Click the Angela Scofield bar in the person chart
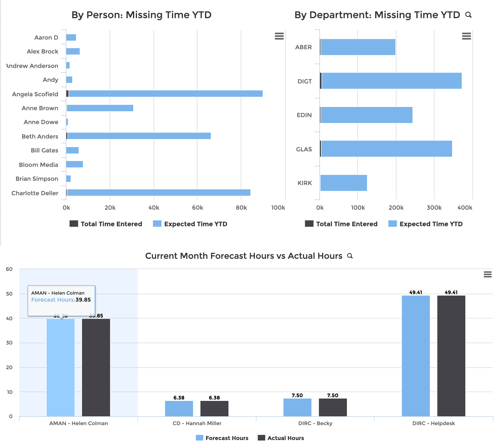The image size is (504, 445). click(x=165, y=94)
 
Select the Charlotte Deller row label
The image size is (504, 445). click(x=35, y=193)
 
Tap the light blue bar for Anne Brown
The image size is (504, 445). click(x=100, y=108)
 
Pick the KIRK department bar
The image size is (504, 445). click(x=343, y=183)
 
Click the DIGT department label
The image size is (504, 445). click(x=304, y=81)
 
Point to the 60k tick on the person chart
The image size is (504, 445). click(x=197, y=208)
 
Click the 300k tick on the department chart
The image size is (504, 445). click(x=434, y=208)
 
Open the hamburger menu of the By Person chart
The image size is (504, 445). click(x=279, y=36)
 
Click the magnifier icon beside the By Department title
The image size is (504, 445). click(x=468, y=15)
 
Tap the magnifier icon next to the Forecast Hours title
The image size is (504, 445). click(x=350, y=256)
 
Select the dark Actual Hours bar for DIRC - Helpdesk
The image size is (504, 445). click(x=451, y=356)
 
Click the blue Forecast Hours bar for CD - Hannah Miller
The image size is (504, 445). click(x=179, y=408)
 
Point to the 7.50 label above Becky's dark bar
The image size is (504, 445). click(x=333, y=395)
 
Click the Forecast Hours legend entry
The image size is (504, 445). click(x=222, y=438)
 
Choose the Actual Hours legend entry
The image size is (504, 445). click(x=281, y=438)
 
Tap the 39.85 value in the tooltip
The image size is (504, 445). click(x=83, y=300)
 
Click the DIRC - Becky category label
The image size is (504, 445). click(x=315, y=423)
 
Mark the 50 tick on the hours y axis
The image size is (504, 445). click(x=9, y=294)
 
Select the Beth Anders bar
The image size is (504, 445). click(x=139, y=136)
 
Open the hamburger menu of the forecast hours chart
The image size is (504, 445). click(x=487, y=274)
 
